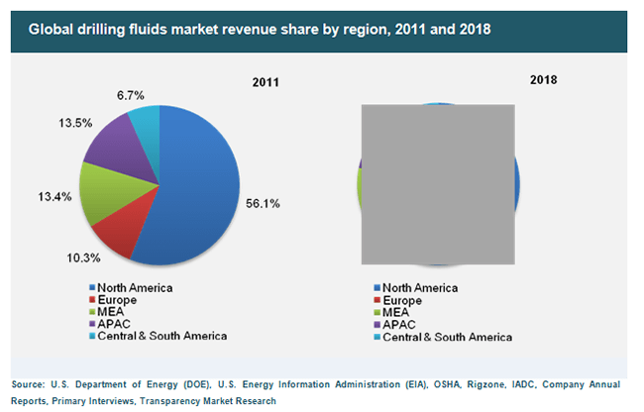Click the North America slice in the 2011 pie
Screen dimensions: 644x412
[x=197, y=189]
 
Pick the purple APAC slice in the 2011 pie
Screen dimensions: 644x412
[x=123, y=150]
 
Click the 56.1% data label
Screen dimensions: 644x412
[x=263, y=204]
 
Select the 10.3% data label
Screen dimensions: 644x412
[x=84, y=257]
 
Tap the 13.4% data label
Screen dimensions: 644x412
[x=54, y=196]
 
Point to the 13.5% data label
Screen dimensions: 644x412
[x=75, y=123]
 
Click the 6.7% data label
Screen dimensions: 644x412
[x=131, y=95]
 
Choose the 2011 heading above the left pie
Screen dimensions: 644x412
[x=266, y=82]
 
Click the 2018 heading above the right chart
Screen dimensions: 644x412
[x=543, y=79]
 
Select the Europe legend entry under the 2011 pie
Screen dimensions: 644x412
[x=113, y=300]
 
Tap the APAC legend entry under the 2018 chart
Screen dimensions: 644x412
[x=395, y=325]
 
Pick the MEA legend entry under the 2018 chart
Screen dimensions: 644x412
[x=391, y=312]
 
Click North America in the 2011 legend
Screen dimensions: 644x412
[x=131, y=287]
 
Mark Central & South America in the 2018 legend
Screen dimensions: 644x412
[x=443, y=337]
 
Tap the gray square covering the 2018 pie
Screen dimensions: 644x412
[x=438, y=184]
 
